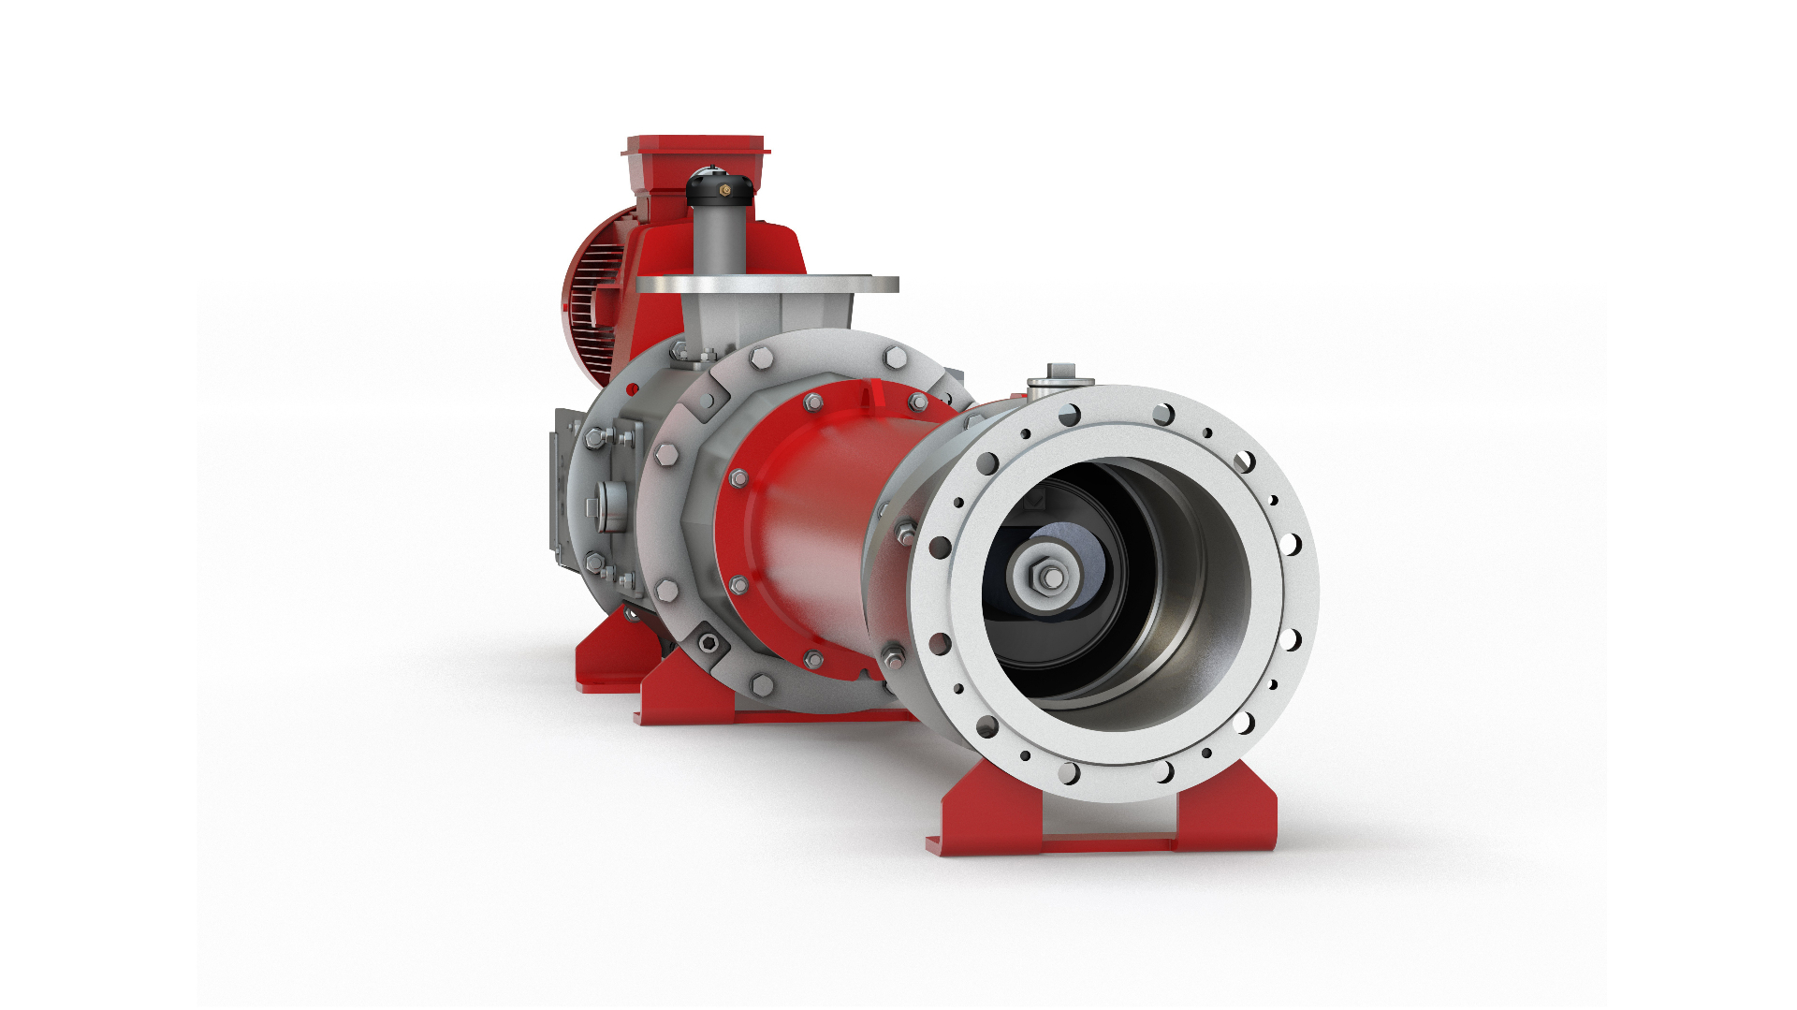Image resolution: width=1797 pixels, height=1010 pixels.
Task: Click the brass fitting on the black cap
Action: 724,190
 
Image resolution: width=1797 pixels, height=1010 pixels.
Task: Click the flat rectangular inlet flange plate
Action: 767,284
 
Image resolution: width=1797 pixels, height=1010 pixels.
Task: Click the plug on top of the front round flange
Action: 1059,376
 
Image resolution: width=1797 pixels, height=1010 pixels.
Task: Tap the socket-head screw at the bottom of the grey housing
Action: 709,642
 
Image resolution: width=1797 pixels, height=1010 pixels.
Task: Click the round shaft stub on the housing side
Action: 609,507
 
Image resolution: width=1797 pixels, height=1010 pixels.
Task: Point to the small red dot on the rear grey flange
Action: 632,388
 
